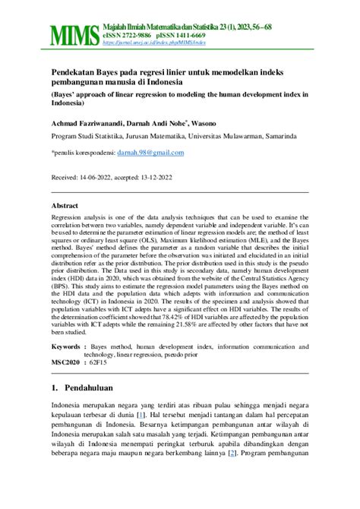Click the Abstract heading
click(x=65, y=206)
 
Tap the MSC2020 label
click(x=65, y=362)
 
